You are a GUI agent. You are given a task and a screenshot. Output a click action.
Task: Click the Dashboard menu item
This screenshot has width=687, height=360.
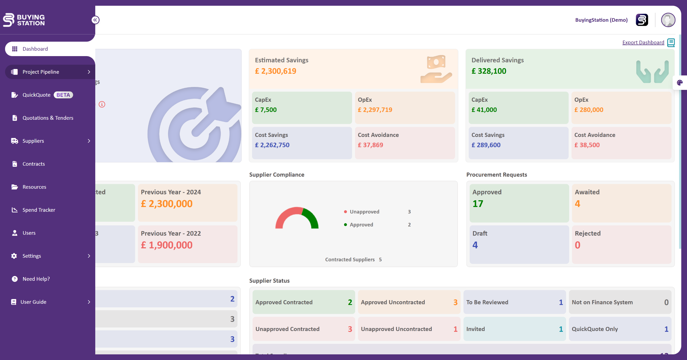pyautogui.click(x=35, y=49)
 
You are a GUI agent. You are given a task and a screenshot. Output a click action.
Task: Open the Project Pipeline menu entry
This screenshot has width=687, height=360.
pyautogui.click(x=41, y=72)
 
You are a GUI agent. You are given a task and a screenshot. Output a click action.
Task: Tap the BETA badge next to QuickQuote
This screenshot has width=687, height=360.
pyautogui.click(x=63, y=95)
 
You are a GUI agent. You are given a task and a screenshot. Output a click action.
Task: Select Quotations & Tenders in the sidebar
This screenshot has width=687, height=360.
pyautogui.click(x=48, y=118)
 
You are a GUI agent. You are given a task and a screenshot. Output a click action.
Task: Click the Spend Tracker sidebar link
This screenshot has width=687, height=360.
pyautogui.click(x=39, y=210)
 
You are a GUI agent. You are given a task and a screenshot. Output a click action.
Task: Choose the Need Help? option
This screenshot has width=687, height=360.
pyautogui.click(x=36, y=279)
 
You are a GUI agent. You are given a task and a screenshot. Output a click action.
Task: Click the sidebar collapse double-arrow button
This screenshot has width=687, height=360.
pyautogui.click(x=95, y=20)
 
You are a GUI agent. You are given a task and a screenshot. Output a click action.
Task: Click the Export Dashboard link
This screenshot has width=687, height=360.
pyautogui.click(x=643, y=42)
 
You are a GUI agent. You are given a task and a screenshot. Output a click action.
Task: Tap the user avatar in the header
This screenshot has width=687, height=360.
pyautogui.click(x=668, y=20)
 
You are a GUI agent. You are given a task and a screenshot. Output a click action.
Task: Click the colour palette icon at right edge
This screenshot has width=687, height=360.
pyautogui.click(x=680, y=83)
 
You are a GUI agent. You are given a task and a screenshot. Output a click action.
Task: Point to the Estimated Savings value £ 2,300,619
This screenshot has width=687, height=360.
pyautogui.click(x=276, y=71)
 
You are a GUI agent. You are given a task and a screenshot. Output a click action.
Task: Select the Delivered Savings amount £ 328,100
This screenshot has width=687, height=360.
pyautogui.click(x=489, y=71)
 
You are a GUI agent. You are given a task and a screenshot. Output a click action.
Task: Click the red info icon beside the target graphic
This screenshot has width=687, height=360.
pyautogui.click(x=102, y=104)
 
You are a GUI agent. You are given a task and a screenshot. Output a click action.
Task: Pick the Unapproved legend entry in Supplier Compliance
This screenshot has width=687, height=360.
pyautogui.click(x=364, y=212)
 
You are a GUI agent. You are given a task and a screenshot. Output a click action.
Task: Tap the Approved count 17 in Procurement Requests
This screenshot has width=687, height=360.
pyautogui.click(x=478, y=204)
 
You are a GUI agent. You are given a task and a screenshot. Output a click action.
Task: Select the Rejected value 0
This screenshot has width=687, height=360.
pyautogui.click(x=578, y=245)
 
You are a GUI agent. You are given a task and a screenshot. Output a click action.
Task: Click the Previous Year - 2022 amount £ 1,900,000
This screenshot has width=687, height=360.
pyautogui.click(x=167, y=245)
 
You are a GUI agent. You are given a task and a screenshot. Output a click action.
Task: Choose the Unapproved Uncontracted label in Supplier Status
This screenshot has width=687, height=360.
pyautogui.click(x=396, y=329)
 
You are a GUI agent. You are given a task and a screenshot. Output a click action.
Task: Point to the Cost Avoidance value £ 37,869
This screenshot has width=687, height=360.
pyautogui.click(x=370, y=145)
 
